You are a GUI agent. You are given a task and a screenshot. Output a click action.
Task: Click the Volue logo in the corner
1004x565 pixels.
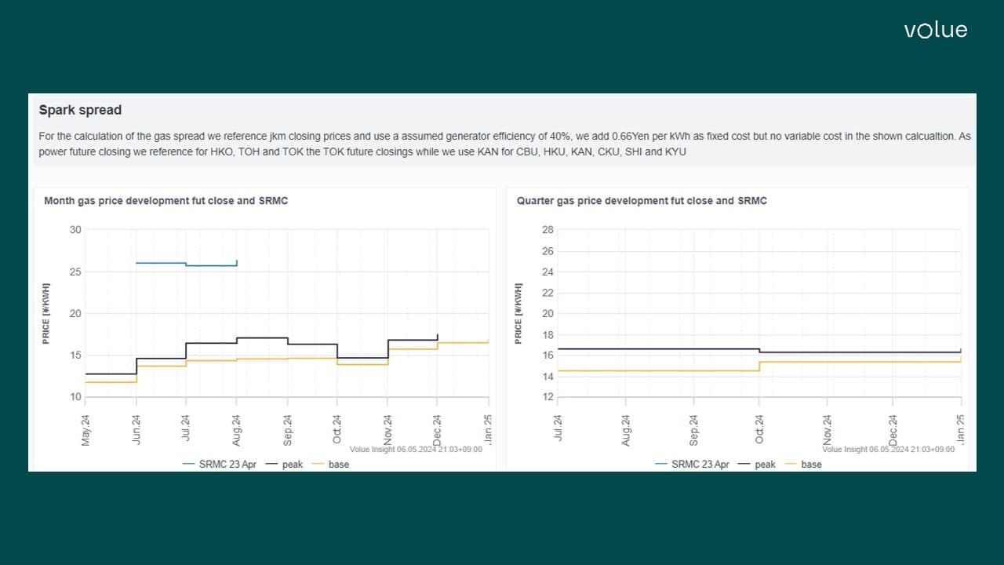click(x=935, y=31)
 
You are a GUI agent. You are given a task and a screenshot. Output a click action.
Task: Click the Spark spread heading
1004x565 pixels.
click(x=80, y=110)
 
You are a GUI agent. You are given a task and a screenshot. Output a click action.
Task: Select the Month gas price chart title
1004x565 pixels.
click(x=166, y=201)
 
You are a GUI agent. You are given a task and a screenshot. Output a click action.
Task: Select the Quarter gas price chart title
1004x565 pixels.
click(x=641, y=201)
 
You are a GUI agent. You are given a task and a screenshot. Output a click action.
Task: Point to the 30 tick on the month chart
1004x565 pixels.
click(x=75, y=230)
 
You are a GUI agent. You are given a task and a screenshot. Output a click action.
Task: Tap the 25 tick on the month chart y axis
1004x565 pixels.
click(x=75, y=272)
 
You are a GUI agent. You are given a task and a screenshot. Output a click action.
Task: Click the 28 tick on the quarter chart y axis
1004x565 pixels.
click(x=547, y=230)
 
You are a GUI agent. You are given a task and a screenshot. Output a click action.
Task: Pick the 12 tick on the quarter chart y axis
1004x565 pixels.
click(x=547, y=397)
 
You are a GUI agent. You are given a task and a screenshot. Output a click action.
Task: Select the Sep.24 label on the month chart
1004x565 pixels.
click(x=287, y=430)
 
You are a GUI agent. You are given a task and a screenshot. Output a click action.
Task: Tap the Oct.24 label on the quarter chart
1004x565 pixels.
click(x=759, y=430)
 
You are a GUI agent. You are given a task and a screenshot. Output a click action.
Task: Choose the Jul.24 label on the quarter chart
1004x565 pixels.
click(x=558, y=430)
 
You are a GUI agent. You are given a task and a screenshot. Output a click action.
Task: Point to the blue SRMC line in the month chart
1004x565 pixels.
click(x=161, y=263)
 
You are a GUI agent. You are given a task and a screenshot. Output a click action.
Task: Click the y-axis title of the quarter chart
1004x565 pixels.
click(x=518, y=313)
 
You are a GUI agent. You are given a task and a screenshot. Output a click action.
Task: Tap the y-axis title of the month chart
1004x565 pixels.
click(x=46, y=313)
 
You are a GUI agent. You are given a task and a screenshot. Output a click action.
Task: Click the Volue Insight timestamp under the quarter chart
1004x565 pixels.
click(x=888, y=449)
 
